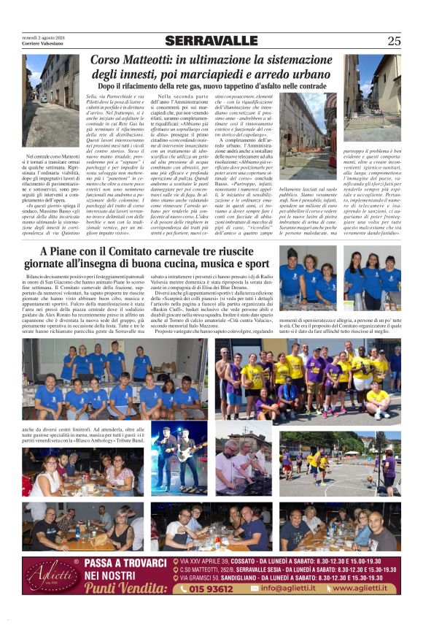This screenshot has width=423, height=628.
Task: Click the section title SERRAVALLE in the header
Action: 211,41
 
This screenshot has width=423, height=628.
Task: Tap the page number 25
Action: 394,41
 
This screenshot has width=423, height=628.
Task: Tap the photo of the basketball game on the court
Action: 339,461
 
